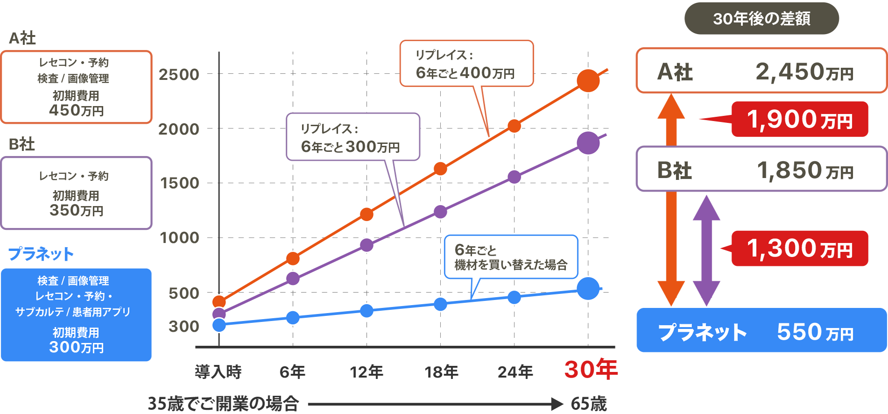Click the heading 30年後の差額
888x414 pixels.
click(x=761, y=19)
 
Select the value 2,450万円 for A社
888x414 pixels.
click(x=804, y=72)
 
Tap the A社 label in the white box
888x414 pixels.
click(x=675, y=72)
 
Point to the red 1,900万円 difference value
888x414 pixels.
click(x=799, y=120)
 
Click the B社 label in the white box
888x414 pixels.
click(x=674, y=171)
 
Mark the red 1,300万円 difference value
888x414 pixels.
click(x=799, y=249)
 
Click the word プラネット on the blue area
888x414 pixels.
click(x=702, y=333)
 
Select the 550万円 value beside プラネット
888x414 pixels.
click(x=815, y=333)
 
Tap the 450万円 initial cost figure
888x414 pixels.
click(x=76, y=111)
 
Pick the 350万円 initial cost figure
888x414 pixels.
click(x=76, y=211)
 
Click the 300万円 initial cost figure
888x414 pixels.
click(x=76, y=348)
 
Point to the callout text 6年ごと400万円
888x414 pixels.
click(x=465, y=73)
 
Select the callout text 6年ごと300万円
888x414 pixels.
click(x=350, y=147)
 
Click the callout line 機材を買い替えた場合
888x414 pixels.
click(x=510, y=265)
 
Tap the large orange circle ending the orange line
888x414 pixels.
click(x=588, y=80)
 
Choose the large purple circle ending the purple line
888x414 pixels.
click(x=588, y=143)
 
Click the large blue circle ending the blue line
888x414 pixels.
click(x=588, y=288)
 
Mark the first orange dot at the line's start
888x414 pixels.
click(x=219, y=301)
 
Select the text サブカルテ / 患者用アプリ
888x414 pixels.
click(x=73, y=312)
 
